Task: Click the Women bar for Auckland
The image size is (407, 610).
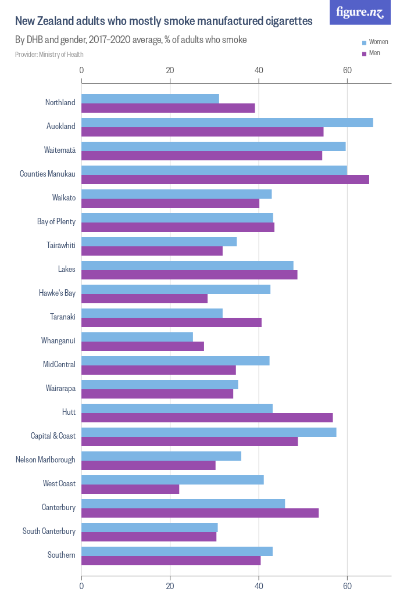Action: (x=227, y=123)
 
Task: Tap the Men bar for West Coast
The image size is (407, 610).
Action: (x=130, y=489)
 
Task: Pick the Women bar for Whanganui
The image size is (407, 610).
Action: (x=137, y=337)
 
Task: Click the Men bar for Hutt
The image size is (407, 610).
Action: (x=207, y=418)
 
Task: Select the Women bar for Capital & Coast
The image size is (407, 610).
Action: (x=209, y=432)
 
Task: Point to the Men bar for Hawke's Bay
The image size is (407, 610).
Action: (x=144, y=299)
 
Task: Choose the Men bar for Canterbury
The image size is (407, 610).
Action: (x=200, y=513)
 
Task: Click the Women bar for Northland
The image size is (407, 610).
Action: (x=150, y=99)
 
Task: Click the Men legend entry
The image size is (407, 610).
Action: (x=374, y=53)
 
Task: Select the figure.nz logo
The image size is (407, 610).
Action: (x=360, y=12)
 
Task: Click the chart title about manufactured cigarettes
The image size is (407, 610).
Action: (x=163, y=21)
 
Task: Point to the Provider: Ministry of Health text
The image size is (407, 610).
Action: (x=49, y=55)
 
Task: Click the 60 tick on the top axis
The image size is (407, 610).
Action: (x=347, y=70)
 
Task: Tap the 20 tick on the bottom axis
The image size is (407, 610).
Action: (x=170, y=586)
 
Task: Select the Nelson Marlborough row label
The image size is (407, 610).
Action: (x=45, y=460)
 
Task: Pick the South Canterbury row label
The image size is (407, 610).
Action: (x=49, y=532)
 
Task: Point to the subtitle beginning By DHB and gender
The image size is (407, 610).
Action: (x=131, y=40)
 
